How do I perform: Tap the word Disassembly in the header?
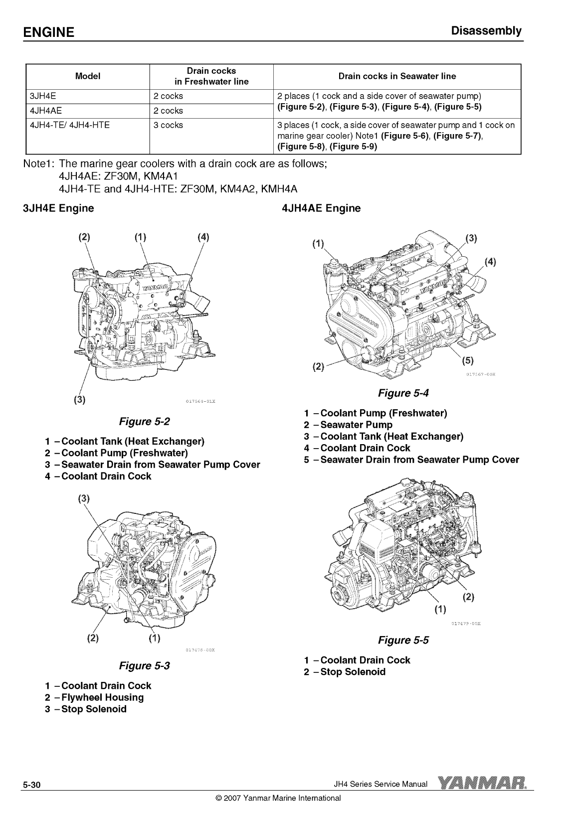coord(486,31)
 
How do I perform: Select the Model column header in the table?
coord(87,76)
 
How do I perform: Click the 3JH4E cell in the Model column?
coord(45,96)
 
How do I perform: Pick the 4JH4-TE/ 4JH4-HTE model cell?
coord(70,125)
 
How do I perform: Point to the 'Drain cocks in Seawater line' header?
coord(397,76)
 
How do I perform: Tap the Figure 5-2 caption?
coord(144,422)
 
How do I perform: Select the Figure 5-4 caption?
coord(403,393)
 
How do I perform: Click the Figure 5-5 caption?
coord(403,640)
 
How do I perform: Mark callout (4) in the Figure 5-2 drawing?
coord(203,237)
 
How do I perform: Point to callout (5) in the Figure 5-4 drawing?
coord(467,361)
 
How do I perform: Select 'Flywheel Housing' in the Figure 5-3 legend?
coord(102,697)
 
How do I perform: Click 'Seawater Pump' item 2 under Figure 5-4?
coord(356,425)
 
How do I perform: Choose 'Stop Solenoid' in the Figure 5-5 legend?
coord(353,671)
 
